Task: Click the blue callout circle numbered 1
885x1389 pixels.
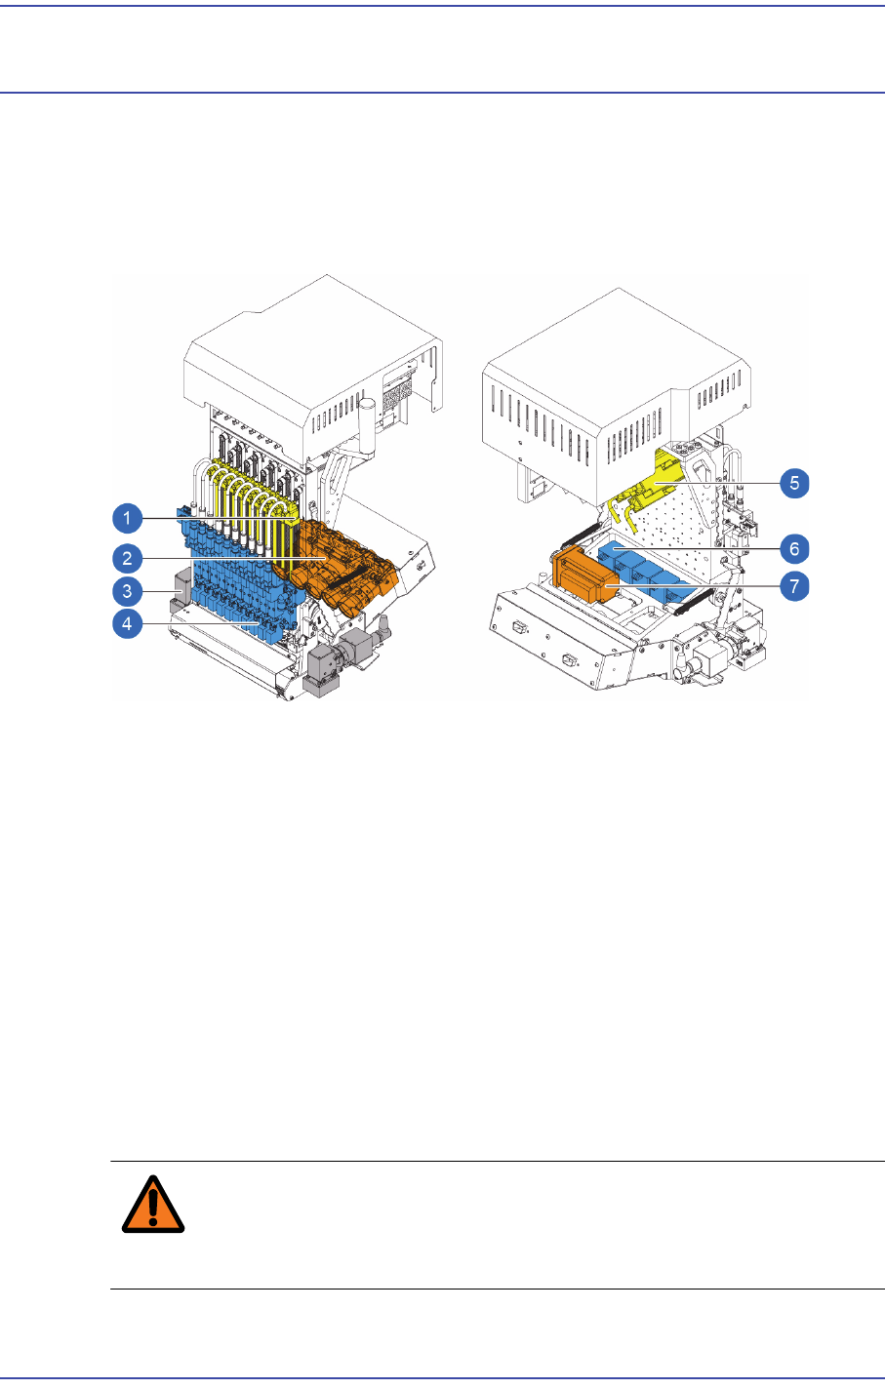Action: [127, 517]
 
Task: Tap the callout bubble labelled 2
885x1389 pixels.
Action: [127, 557]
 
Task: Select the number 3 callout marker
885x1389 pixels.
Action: [127, 590]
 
